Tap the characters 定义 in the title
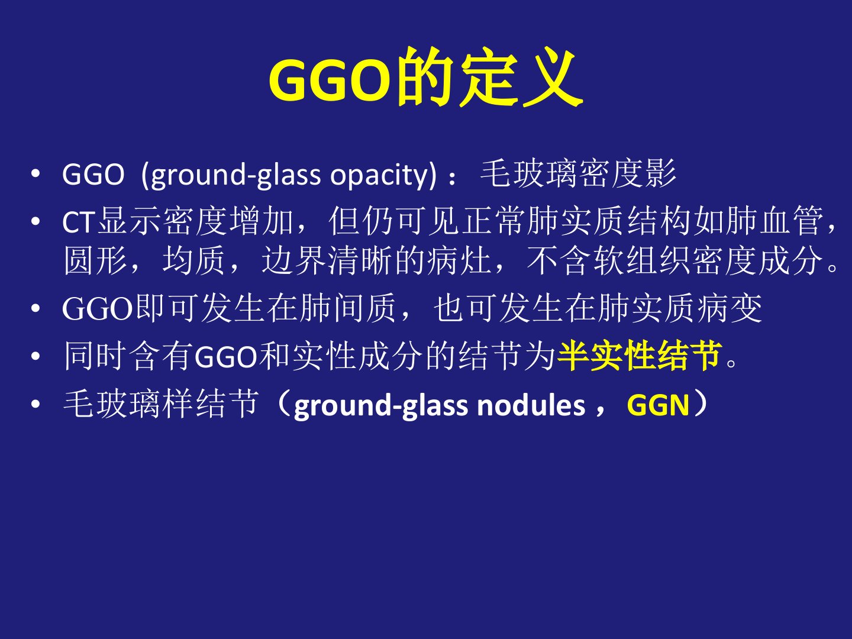pos(520,78)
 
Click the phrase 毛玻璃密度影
pos(578,173)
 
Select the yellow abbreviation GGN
pos(659,405)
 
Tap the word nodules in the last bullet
pos(531,406)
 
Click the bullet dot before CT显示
pos(35,222)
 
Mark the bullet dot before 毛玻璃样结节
pos(35,405)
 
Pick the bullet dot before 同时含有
pos(35,356)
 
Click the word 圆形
pos(95,260)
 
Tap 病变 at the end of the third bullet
pos(730,308)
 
